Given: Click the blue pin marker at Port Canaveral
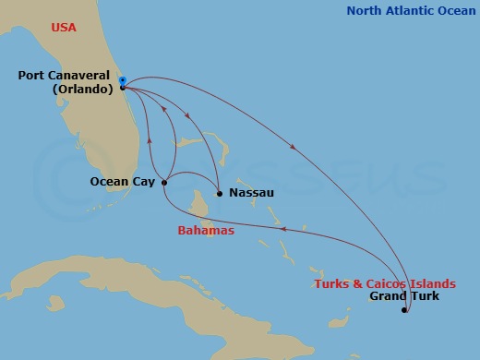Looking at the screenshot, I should coord(123,81).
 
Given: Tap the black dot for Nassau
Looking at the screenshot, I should coord(219,194).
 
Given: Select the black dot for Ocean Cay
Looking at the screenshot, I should coord(163,182).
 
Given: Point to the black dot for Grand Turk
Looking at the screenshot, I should coord(404,311).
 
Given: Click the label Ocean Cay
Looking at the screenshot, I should coord(122,182).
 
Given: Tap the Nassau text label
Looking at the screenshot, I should coord(251,194).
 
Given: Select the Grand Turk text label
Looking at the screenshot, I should coord(403,296).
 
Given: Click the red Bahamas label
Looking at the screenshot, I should coord(205,231).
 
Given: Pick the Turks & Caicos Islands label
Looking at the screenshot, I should coord(384,282).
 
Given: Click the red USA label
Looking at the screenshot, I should coord(64,28).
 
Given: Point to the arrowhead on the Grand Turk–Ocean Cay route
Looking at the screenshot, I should coord(282,230).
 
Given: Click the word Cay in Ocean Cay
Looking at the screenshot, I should coord(144,182).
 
